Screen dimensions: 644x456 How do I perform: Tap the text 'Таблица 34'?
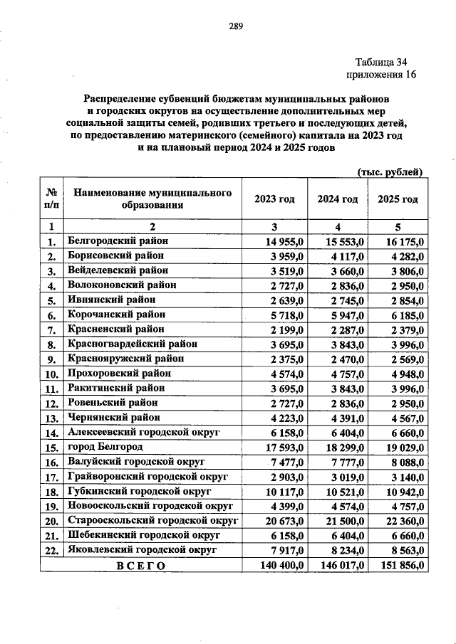(384, 61)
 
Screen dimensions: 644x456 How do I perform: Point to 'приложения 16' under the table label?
(380, 74)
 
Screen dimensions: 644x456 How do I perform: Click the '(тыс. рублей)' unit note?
(390, 172)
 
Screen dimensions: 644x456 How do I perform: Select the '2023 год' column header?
(274, 199)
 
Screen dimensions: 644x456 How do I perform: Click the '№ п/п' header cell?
(51, 199)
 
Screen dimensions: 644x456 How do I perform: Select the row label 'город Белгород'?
(105, 447)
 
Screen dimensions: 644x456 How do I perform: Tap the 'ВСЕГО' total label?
(141, 566)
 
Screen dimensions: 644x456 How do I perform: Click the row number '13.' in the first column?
(51, 418)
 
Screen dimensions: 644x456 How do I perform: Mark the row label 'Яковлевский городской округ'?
(142, 550)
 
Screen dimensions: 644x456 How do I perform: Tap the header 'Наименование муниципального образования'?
(153, 199)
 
